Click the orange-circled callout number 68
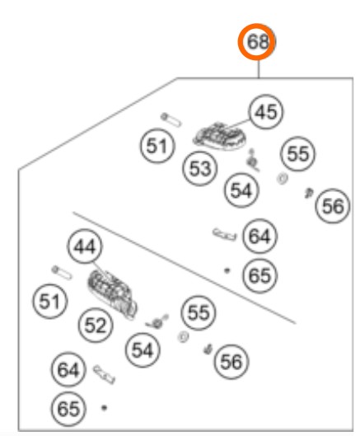(257, 42)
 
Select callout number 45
(266, 112)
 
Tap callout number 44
(85, 246)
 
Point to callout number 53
(200, 168)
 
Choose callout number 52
(96, 325)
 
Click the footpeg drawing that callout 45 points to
(220, 136)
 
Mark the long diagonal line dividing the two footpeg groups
(184, 268)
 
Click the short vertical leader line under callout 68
(259, 69)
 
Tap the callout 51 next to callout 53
(157, 145)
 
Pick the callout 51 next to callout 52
(49, 301)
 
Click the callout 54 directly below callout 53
(241, 190)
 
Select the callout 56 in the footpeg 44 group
(231, 362)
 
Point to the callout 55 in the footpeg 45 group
(297, 154)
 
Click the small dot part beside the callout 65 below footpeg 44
(105, 408)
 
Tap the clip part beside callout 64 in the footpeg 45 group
(225, 235)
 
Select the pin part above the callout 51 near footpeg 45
(171, 120)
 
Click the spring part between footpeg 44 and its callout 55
(157, 321)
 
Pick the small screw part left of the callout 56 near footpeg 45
(308, 193)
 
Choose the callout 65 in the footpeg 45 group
(259, 275)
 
